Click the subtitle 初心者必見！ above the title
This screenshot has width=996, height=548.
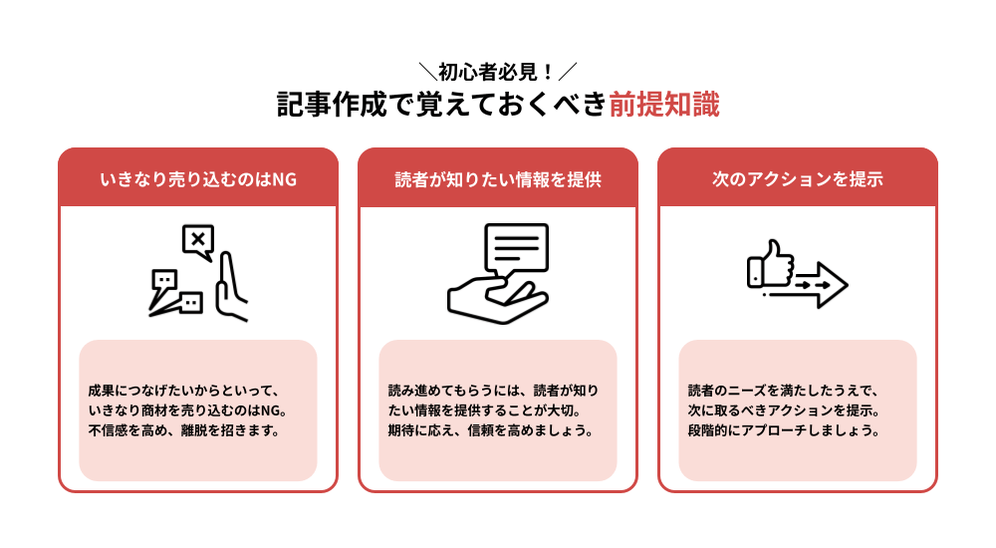(497, 72)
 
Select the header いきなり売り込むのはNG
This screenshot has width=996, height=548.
(198, 179)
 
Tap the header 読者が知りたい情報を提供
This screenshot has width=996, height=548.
(498, 179)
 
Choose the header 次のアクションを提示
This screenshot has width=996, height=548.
(798, 179)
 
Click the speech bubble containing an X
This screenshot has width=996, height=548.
(198, 241)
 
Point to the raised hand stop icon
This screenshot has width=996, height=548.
(231, 288)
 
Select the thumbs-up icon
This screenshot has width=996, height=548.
(770, 265)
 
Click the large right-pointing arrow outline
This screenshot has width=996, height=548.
(822, 284)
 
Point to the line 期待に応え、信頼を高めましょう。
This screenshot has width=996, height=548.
(491, 431)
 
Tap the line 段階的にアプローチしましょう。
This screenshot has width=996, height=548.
(783, 431)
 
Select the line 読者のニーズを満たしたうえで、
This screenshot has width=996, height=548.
(783, 391)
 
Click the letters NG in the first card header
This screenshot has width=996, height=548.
(285, 179)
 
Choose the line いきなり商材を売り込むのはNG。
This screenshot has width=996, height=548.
(187, 411)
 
